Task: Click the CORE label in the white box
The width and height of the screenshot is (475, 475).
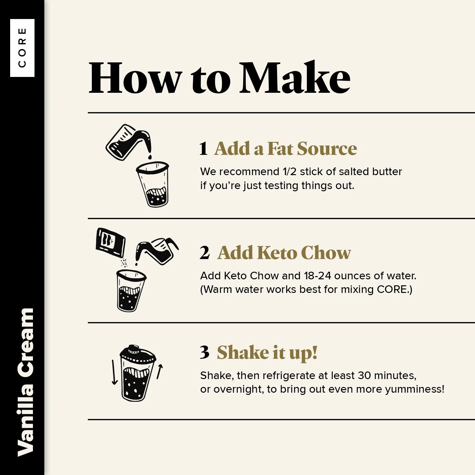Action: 22,48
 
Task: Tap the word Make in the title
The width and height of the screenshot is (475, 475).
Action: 295,77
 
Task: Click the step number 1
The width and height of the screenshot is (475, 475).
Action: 204,148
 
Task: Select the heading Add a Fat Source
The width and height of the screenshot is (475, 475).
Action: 286,148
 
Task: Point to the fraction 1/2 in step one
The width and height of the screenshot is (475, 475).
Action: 289,171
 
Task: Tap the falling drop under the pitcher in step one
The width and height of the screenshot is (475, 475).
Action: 150,157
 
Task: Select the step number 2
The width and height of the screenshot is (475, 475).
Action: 205,253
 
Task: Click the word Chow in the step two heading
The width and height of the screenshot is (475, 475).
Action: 326,252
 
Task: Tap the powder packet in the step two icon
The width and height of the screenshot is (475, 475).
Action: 111,242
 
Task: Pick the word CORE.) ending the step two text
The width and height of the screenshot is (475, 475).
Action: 395,289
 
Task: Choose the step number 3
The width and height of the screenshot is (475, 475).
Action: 205,352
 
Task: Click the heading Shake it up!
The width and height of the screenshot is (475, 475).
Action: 267,353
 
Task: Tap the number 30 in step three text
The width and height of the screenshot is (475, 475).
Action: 364,375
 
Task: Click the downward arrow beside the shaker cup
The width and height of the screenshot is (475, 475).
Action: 114,372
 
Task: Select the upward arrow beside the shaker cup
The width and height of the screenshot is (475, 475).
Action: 160,371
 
